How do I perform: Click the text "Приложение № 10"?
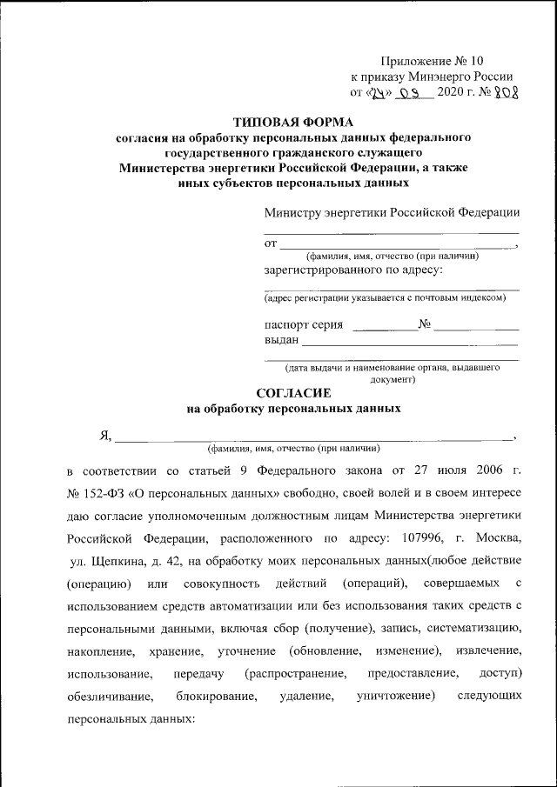(431, 62)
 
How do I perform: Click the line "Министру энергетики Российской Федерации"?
(393, 213)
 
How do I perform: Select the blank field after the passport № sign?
(476, 325)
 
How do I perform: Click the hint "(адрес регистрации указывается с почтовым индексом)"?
(385, 298)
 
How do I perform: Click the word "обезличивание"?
(111, 697)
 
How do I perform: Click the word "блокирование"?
(216, 697)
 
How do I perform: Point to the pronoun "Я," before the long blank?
(104, 437)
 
